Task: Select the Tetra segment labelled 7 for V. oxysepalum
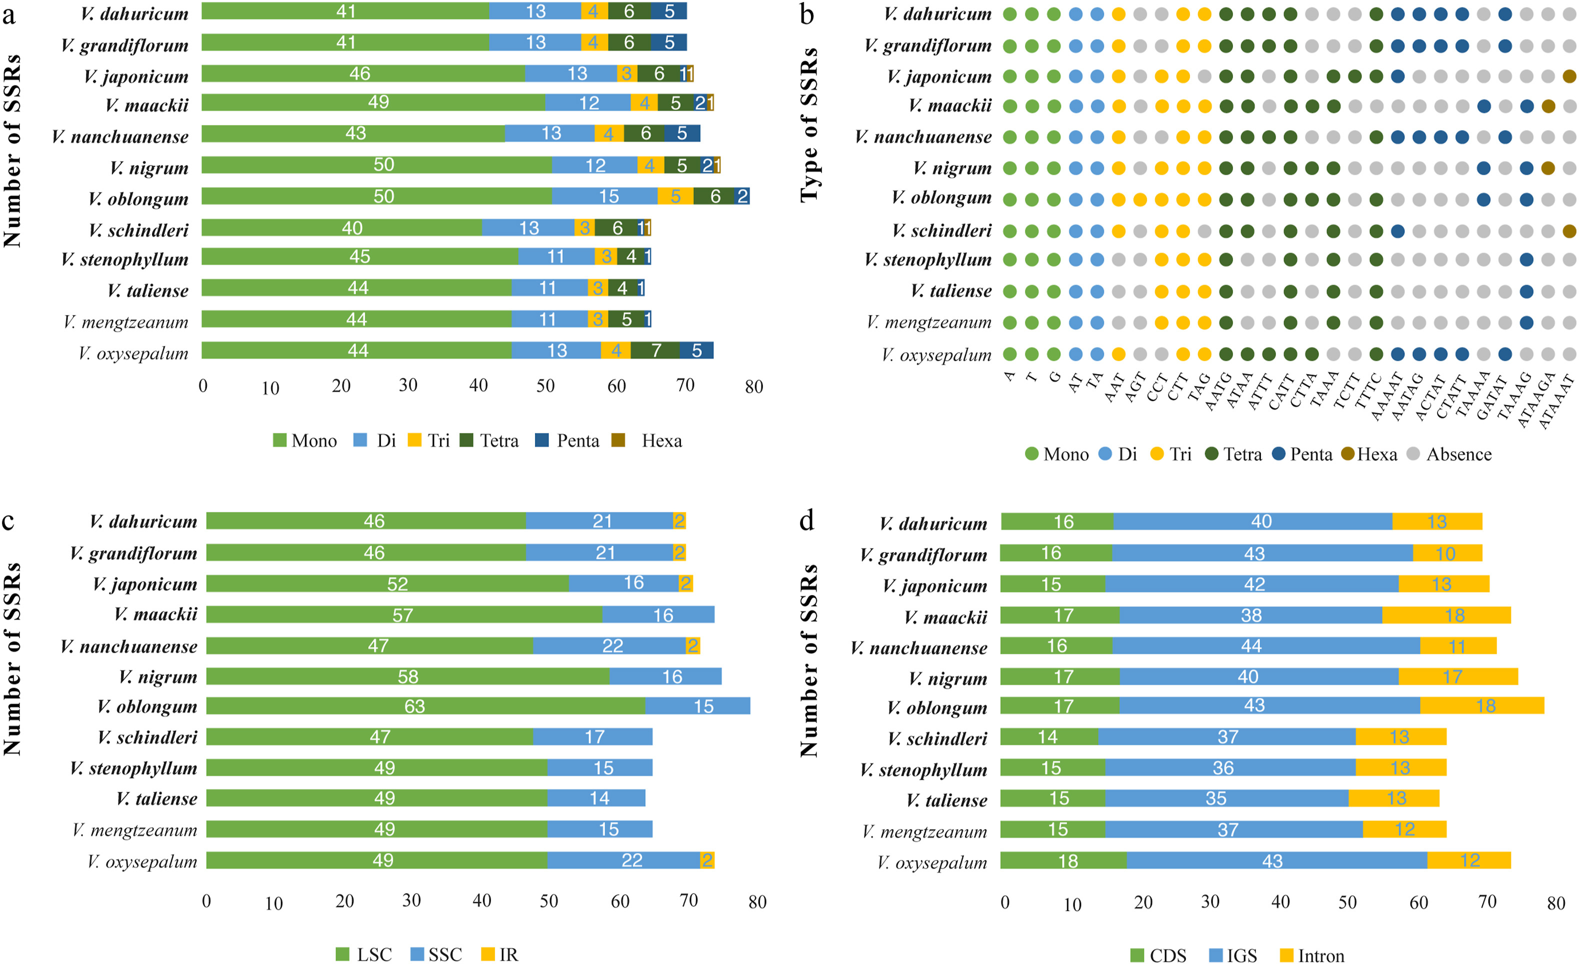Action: [655, 350]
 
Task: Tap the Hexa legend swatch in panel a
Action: [618, 440]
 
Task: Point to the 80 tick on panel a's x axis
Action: [753, 386]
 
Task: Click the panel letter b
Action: [807, 14]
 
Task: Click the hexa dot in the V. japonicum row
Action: [1569, 77]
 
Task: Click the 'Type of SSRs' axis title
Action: [810, 125]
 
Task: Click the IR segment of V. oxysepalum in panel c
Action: [707, 860]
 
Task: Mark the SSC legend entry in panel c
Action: [436, 954]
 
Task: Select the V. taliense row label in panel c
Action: [157, 799]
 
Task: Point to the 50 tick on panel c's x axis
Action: [549, 901]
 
